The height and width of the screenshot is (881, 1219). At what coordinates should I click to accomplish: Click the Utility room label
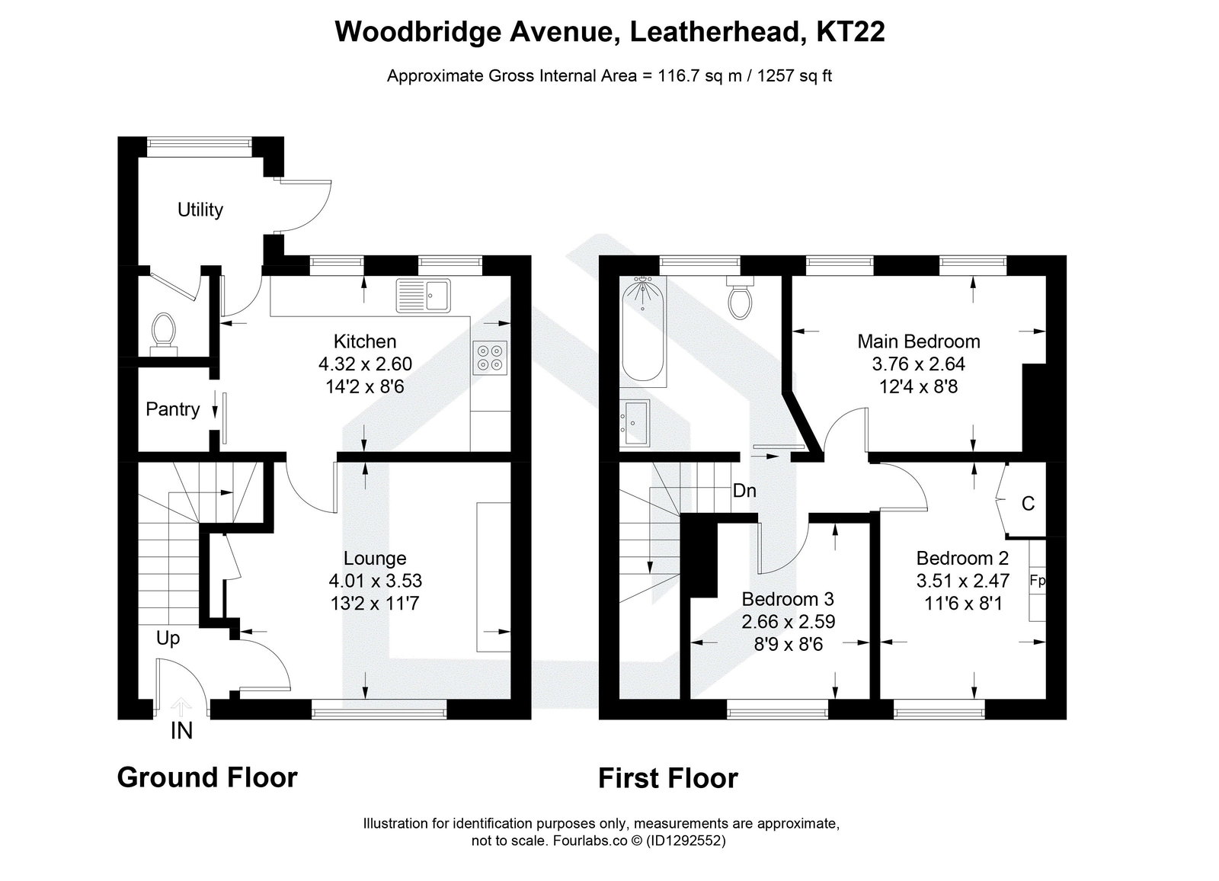point(200,210)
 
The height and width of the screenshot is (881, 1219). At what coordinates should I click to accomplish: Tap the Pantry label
point(172,409)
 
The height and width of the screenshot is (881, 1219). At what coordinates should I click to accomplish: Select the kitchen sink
point(424,296)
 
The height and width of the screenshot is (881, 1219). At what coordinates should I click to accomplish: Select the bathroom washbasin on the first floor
point(635,421)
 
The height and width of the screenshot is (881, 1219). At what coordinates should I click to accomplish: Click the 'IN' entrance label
point(181,732)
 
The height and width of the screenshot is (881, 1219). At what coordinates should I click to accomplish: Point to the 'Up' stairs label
point(168,638)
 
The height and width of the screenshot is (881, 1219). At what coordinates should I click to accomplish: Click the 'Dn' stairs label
point(744,491)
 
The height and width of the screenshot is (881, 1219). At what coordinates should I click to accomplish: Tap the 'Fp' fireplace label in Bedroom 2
point(1037,581)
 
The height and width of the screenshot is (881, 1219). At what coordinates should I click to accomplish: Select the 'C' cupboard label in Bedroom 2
point(1028,504)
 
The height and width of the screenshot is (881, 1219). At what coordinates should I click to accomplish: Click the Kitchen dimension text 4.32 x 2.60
point(364,364)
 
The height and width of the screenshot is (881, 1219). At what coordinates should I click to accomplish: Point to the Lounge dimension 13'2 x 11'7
point(375,604)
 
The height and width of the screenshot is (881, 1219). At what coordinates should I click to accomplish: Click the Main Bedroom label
point(919,341)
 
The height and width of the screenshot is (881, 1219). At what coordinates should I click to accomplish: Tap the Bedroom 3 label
point(782,598)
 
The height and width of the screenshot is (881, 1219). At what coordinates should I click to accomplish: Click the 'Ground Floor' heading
point(206,777)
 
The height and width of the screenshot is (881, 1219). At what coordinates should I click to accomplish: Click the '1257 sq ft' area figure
point(789,76)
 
